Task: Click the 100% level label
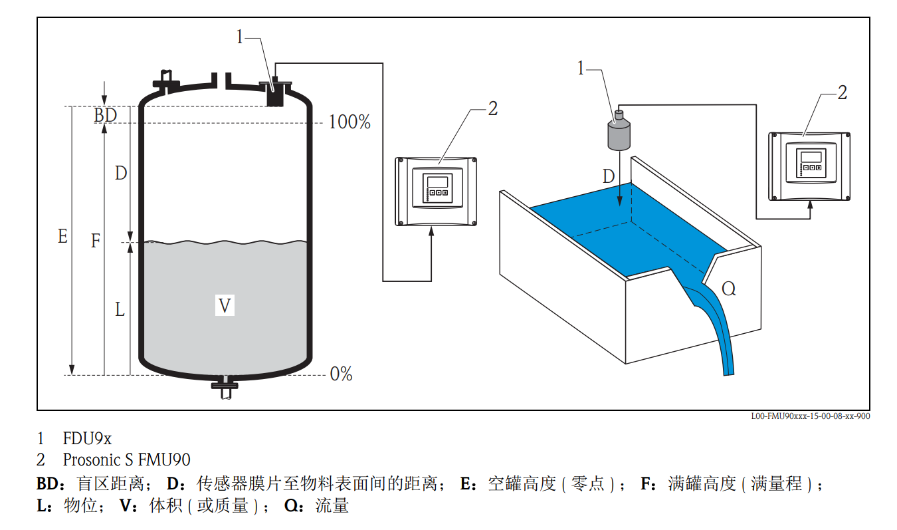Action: (349, 122)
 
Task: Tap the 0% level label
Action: (341, 374)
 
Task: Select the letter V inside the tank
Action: (225, 306)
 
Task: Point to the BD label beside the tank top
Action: (105, 115)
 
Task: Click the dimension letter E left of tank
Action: (62, 236)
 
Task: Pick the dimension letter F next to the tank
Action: (96, 241)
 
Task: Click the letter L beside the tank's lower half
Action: (120, 309)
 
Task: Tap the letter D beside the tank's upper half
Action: (120, 174)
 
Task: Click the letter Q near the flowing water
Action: (729, 289)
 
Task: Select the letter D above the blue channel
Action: (609, 177)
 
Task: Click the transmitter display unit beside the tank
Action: (436, 192)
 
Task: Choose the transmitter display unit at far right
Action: (809, 166)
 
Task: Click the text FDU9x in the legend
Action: (87, 439)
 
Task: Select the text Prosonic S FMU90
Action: (126, 460)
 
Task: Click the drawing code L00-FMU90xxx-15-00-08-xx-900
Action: (810, 416)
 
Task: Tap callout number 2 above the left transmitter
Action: (492, 109)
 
